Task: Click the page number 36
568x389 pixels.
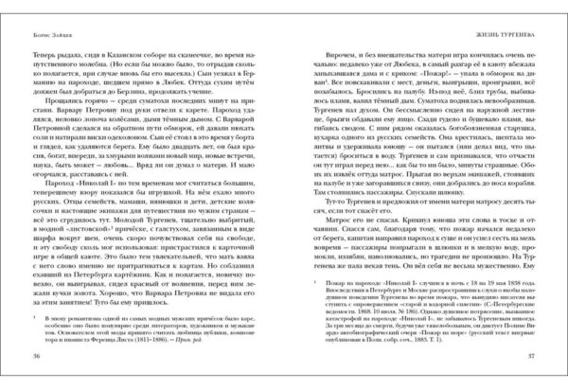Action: (x=36, y=355)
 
